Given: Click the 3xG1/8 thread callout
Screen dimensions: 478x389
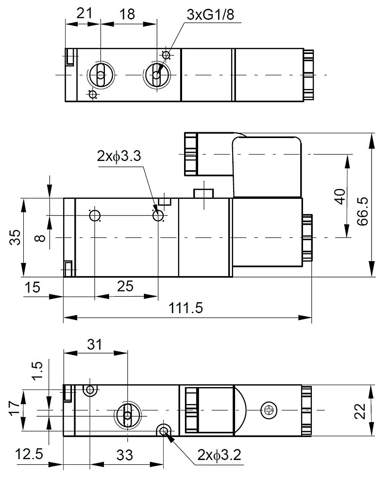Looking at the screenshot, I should (x=210, y=15).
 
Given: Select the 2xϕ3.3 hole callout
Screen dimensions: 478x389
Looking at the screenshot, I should (x=119, y=156).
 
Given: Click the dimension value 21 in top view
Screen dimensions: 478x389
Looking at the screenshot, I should (x=85, y=14).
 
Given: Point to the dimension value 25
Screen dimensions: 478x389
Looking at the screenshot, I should (x=125, y=287).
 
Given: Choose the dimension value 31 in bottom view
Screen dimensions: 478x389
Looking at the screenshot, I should (x=94, y=344).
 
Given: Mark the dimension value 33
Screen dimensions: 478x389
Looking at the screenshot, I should (x=125, y=456).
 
